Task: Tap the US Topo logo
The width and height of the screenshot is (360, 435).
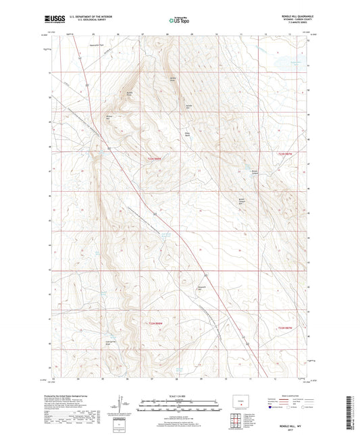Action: [x=180, y=21]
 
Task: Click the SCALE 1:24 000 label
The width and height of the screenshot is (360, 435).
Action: [x=179, y=396]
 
